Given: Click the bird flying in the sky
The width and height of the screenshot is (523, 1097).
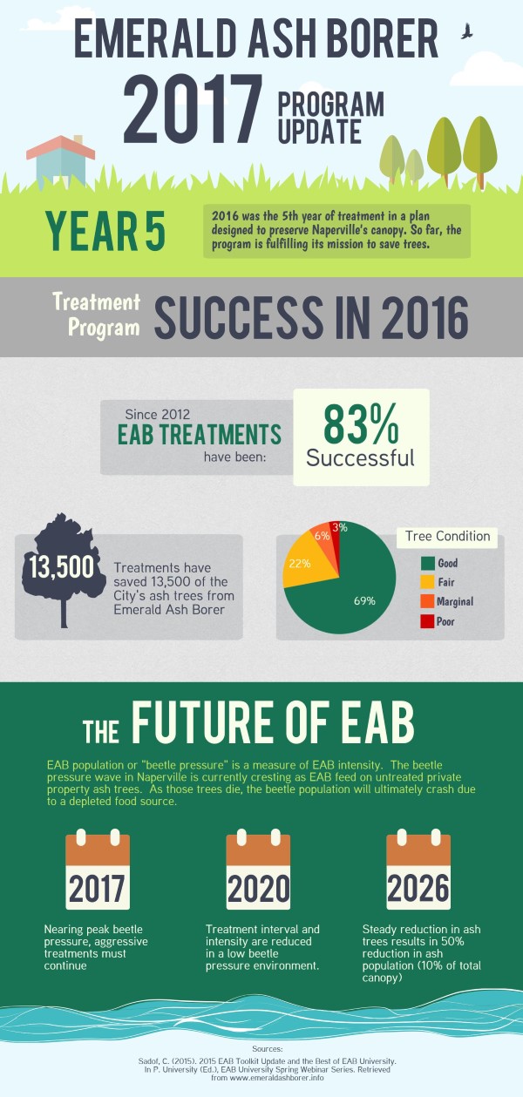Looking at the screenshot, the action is point(466,31).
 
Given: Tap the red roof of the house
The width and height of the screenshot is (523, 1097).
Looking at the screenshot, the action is point(60,147).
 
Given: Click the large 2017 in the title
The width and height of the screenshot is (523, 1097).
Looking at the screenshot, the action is point(192,108).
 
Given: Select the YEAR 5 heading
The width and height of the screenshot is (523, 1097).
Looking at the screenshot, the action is point(105,231).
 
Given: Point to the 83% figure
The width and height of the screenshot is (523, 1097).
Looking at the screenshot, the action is point(360,424).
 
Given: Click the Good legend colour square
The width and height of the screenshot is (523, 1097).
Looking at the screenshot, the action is point(427,563).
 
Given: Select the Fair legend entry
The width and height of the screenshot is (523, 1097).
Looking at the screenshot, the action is point(438,582).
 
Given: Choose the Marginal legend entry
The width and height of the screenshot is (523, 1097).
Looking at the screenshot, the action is point(447,601).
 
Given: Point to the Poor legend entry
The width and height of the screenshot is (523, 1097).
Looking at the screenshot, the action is point(438,621).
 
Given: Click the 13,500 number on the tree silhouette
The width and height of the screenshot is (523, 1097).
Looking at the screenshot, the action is point(61,567).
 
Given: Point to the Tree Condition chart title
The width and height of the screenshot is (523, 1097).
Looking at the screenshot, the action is point(447,536).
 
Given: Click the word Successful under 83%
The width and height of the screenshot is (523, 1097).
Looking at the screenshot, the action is point(360,458).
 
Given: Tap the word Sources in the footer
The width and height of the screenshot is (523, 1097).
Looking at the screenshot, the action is point(267,1049).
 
